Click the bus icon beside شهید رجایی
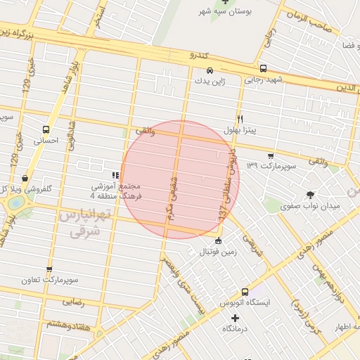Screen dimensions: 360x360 pos(263,69)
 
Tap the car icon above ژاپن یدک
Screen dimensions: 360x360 pos(210,70)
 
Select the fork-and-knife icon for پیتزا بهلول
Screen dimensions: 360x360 pos(240,119)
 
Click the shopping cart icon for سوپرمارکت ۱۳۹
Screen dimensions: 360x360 pos(271,155)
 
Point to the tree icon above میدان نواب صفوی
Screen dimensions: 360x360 pos(309,195)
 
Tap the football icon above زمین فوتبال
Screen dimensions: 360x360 pos(218,241)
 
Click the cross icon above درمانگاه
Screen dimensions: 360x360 pos(235,318)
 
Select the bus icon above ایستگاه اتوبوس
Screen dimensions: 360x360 pos(245,292)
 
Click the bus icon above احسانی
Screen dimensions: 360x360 pos(46,129)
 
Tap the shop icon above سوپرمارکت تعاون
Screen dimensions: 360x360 pos(49,269)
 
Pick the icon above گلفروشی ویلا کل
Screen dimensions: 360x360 pos(25,179)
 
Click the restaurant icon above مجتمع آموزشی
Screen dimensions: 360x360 pos(115,176)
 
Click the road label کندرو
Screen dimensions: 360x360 pos(200,53)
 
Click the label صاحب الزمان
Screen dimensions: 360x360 pos(308,25)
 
